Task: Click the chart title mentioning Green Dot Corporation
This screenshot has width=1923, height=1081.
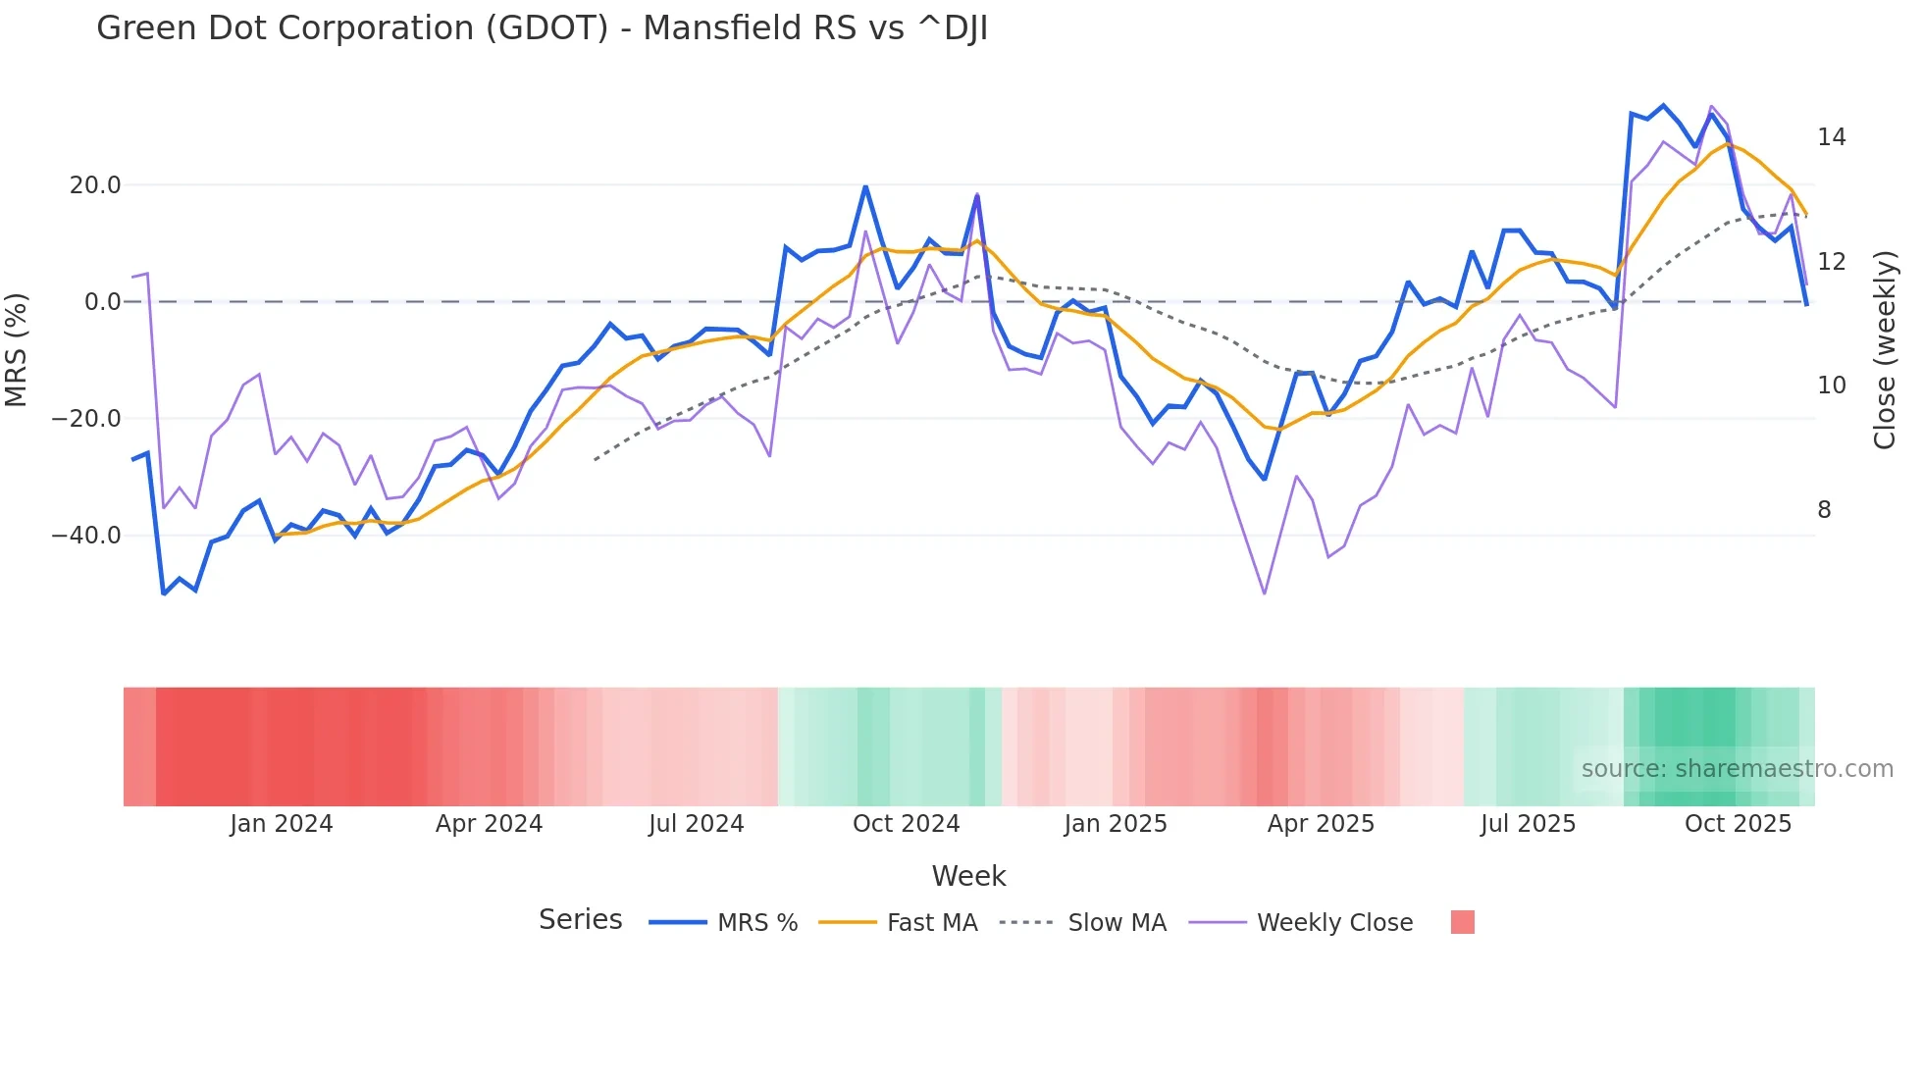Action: pos(542,28)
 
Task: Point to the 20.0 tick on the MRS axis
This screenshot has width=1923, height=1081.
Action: pos(95,185)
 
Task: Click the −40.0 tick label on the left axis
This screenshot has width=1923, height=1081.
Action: pos(86,536)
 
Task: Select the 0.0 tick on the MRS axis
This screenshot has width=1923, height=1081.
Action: pos(102,302)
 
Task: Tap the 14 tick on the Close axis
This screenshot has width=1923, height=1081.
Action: pos(1831,137)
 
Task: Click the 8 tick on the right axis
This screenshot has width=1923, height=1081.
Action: pos(1824,510)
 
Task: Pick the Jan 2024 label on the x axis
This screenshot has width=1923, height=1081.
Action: pos(282,824)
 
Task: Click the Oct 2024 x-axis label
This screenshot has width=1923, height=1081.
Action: pos(906,824)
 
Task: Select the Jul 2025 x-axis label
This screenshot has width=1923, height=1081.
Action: pos(1528,824)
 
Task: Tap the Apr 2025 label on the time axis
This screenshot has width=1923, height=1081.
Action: pos(1321,824)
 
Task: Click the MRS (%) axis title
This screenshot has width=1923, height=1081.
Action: pos(17,350)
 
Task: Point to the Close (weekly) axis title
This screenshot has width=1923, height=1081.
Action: pos(1885,350)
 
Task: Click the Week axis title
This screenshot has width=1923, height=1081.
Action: pos(968,876)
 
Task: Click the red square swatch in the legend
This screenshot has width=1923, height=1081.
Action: pos(1462,922)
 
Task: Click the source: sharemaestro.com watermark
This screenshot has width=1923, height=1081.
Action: pos(1737,769)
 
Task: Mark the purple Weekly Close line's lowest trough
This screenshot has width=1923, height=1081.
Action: pos(1265,593)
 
